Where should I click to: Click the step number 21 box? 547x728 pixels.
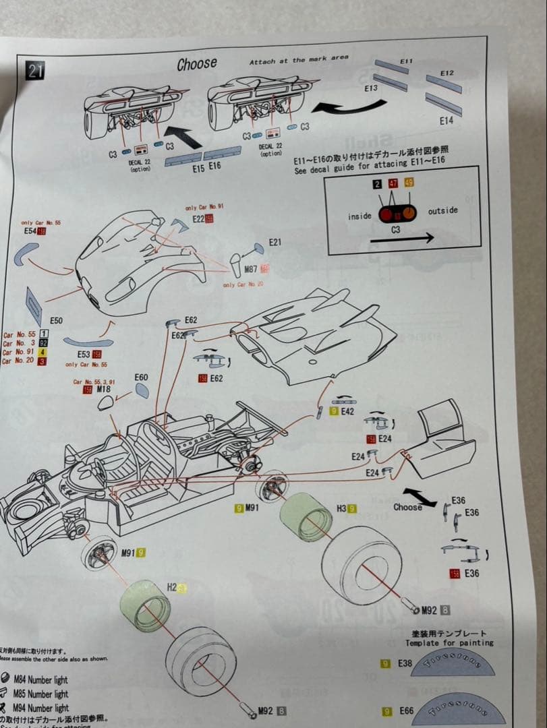coord(35,71)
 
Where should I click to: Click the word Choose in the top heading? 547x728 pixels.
coord(197,64)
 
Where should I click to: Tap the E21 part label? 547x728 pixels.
coord(275,242)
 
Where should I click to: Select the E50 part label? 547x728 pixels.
coord(56,320)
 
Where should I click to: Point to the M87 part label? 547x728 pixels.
coord(251,269)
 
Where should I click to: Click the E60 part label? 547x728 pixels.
coord(141,377)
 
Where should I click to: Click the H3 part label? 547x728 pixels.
coord(341,508)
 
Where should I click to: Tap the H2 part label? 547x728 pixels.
coord(171,587)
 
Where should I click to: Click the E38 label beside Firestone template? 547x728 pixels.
coord(405,664)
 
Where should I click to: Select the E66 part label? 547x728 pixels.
coord(405,711)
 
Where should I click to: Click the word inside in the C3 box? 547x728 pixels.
coord(359,216)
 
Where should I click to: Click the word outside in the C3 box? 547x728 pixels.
coord(442,211)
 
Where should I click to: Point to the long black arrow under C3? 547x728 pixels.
coord(401,238)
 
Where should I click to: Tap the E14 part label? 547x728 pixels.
coord(446,121)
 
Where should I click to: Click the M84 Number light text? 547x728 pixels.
coord(41,679)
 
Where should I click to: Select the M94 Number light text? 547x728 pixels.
coord(41,708)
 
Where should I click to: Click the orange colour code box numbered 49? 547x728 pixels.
coord(409,183)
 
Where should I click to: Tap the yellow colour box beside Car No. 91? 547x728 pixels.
coord(43,351)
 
